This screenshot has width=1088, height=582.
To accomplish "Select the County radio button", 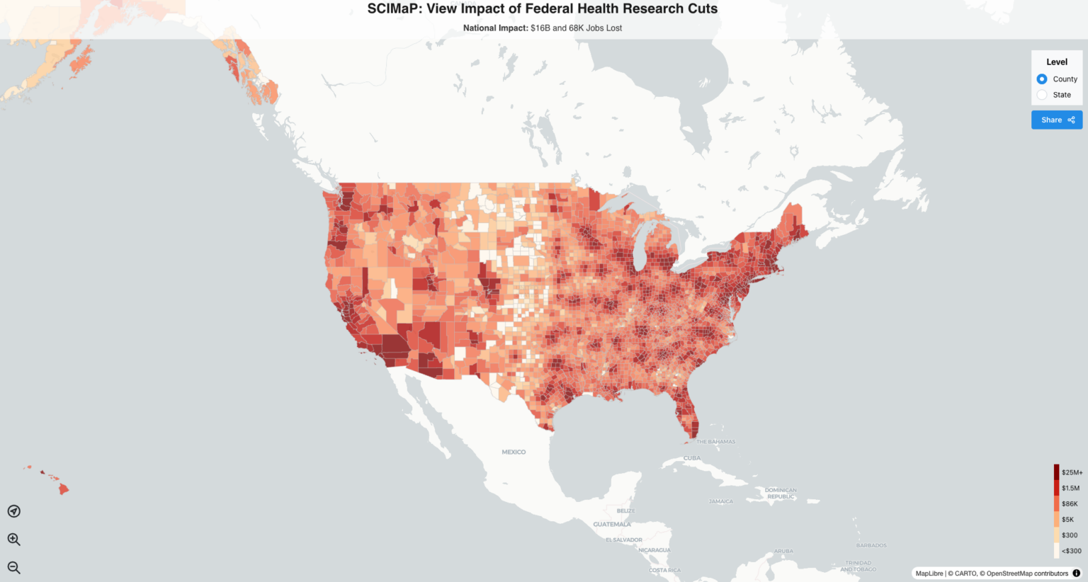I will [1042, 79].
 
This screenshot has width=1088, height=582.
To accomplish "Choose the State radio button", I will [1042, 95].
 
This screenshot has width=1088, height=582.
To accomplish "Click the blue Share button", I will [1057, 120].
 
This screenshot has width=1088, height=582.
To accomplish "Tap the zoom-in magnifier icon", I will [13, 540].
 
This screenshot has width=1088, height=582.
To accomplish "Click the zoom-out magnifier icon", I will [13, 567].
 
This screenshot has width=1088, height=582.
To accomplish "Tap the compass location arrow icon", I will [13, 511].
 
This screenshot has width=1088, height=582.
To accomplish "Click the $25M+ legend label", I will [1072, 472].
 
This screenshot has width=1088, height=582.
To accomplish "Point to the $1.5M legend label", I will [1070, 488].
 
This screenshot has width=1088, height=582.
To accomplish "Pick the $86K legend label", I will [1070, 504].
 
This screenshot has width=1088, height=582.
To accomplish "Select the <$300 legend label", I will [1071, 551].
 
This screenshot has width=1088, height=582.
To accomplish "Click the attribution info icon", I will [1077, 574].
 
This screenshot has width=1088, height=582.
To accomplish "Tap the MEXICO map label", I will [514, 452].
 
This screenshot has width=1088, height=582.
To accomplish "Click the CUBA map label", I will [691, 458].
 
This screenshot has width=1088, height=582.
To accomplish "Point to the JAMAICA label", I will [721, 501].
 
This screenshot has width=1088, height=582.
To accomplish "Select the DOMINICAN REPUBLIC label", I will [781, 493].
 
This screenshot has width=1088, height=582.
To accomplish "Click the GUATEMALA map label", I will [612, 524].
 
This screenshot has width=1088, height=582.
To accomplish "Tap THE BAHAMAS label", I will [715, 442].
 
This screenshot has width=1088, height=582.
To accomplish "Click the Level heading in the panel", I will [1057, 62].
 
